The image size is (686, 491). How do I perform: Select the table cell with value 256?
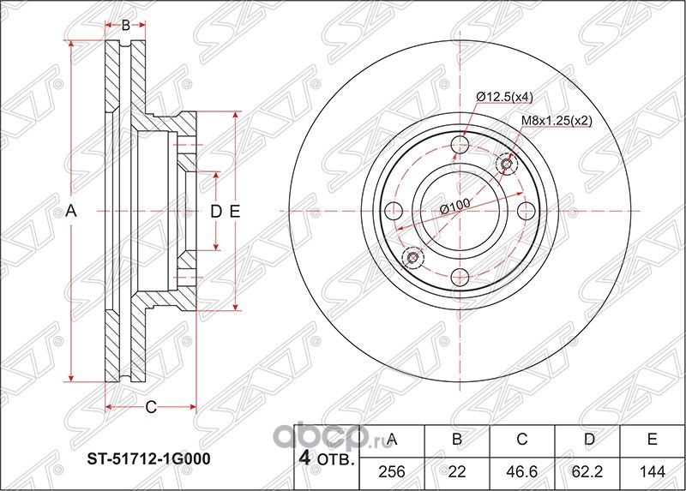393,471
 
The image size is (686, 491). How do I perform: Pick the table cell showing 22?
457,471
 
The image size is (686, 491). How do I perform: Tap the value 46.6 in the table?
521,471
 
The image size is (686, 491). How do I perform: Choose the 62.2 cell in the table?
587,471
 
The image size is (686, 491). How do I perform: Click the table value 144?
652,471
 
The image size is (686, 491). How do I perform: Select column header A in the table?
393,440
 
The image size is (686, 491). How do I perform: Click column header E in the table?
652,440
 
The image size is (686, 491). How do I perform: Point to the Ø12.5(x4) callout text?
506,98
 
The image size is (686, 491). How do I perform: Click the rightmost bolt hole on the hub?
524,211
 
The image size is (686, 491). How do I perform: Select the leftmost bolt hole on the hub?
394,211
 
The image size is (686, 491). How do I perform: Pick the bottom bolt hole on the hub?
460,276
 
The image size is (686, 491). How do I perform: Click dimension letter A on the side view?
72,211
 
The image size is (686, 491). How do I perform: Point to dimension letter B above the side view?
125,26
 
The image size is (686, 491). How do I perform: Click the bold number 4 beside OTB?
303,458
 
